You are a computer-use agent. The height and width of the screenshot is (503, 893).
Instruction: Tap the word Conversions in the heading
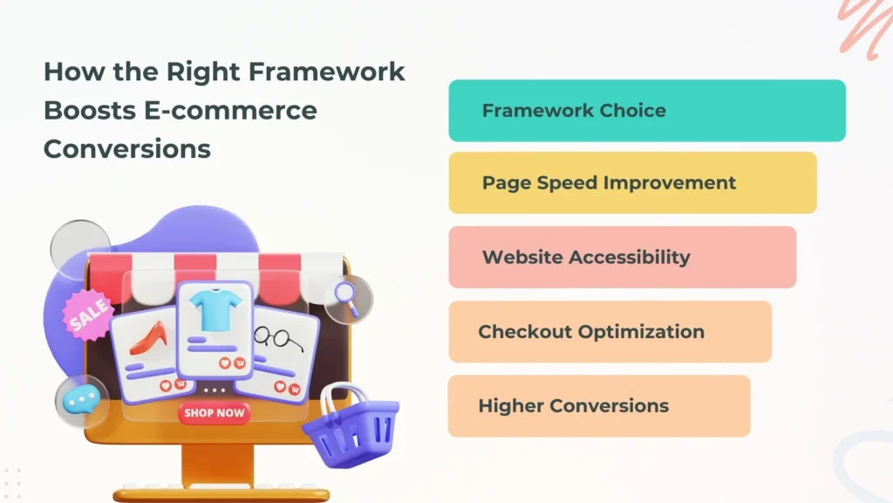click(127, 148)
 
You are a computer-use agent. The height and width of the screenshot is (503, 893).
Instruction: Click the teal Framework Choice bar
click(647, 111)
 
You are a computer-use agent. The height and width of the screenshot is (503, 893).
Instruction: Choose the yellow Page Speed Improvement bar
click(632, 183)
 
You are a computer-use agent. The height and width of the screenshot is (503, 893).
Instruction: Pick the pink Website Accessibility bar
click(622, 258)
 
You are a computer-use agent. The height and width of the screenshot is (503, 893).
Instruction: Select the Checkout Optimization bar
click(610, 332)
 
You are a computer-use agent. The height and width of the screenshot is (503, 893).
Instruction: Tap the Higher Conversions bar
click(598, 406)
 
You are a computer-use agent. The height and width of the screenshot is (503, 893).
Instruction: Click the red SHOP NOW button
click(214, 413)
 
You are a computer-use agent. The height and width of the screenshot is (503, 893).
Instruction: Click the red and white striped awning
click(218, 265)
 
